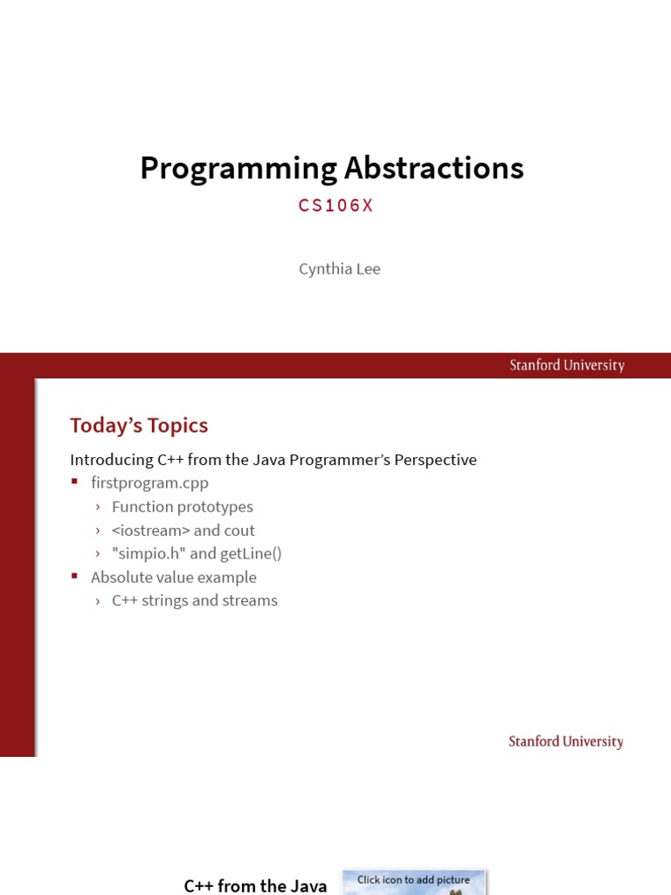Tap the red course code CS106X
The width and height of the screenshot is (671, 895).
pos(335,205)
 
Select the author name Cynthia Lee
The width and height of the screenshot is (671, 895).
pos(339,268)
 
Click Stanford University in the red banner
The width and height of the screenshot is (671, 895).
pos(567,365)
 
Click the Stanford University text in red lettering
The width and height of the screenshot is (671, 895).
pos(566,741)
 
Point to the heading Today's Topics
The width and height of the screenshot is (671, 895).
pos(139,426)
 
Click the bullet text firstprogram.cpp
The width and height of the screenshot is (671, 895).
pos(149,482)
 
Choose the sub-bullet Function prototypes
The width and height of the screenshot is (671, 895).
pos(182,507)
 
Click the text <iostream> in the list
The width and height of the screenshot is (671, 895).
pos(150,531)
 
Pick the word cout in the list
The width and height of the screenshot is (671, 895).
pos(239,531)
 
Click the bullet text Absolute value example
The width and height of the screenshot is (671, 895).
pos(174,577)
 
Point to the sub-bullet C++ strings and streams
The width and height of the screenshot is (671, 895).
pos(194,600)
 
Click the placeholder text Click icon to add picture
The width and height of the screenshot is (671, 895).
pos(413,879)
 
